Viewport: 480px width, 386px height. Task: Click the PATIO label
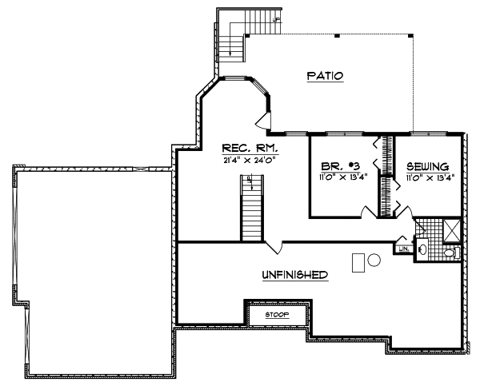click(x=324, y=76)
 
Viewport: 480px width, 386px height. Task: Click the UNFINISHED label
click(x=295, y=275)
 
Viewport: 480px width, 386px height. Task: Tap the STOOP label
click(x=278, y=315)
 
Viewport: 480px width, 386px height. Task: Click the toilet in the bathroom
click(x=451, y=253)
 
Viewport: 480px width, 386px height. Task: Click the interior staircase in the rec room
click(x=252, y=209)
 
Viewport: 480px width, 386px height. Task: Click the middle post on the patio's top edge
click(x=337, y=36)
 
